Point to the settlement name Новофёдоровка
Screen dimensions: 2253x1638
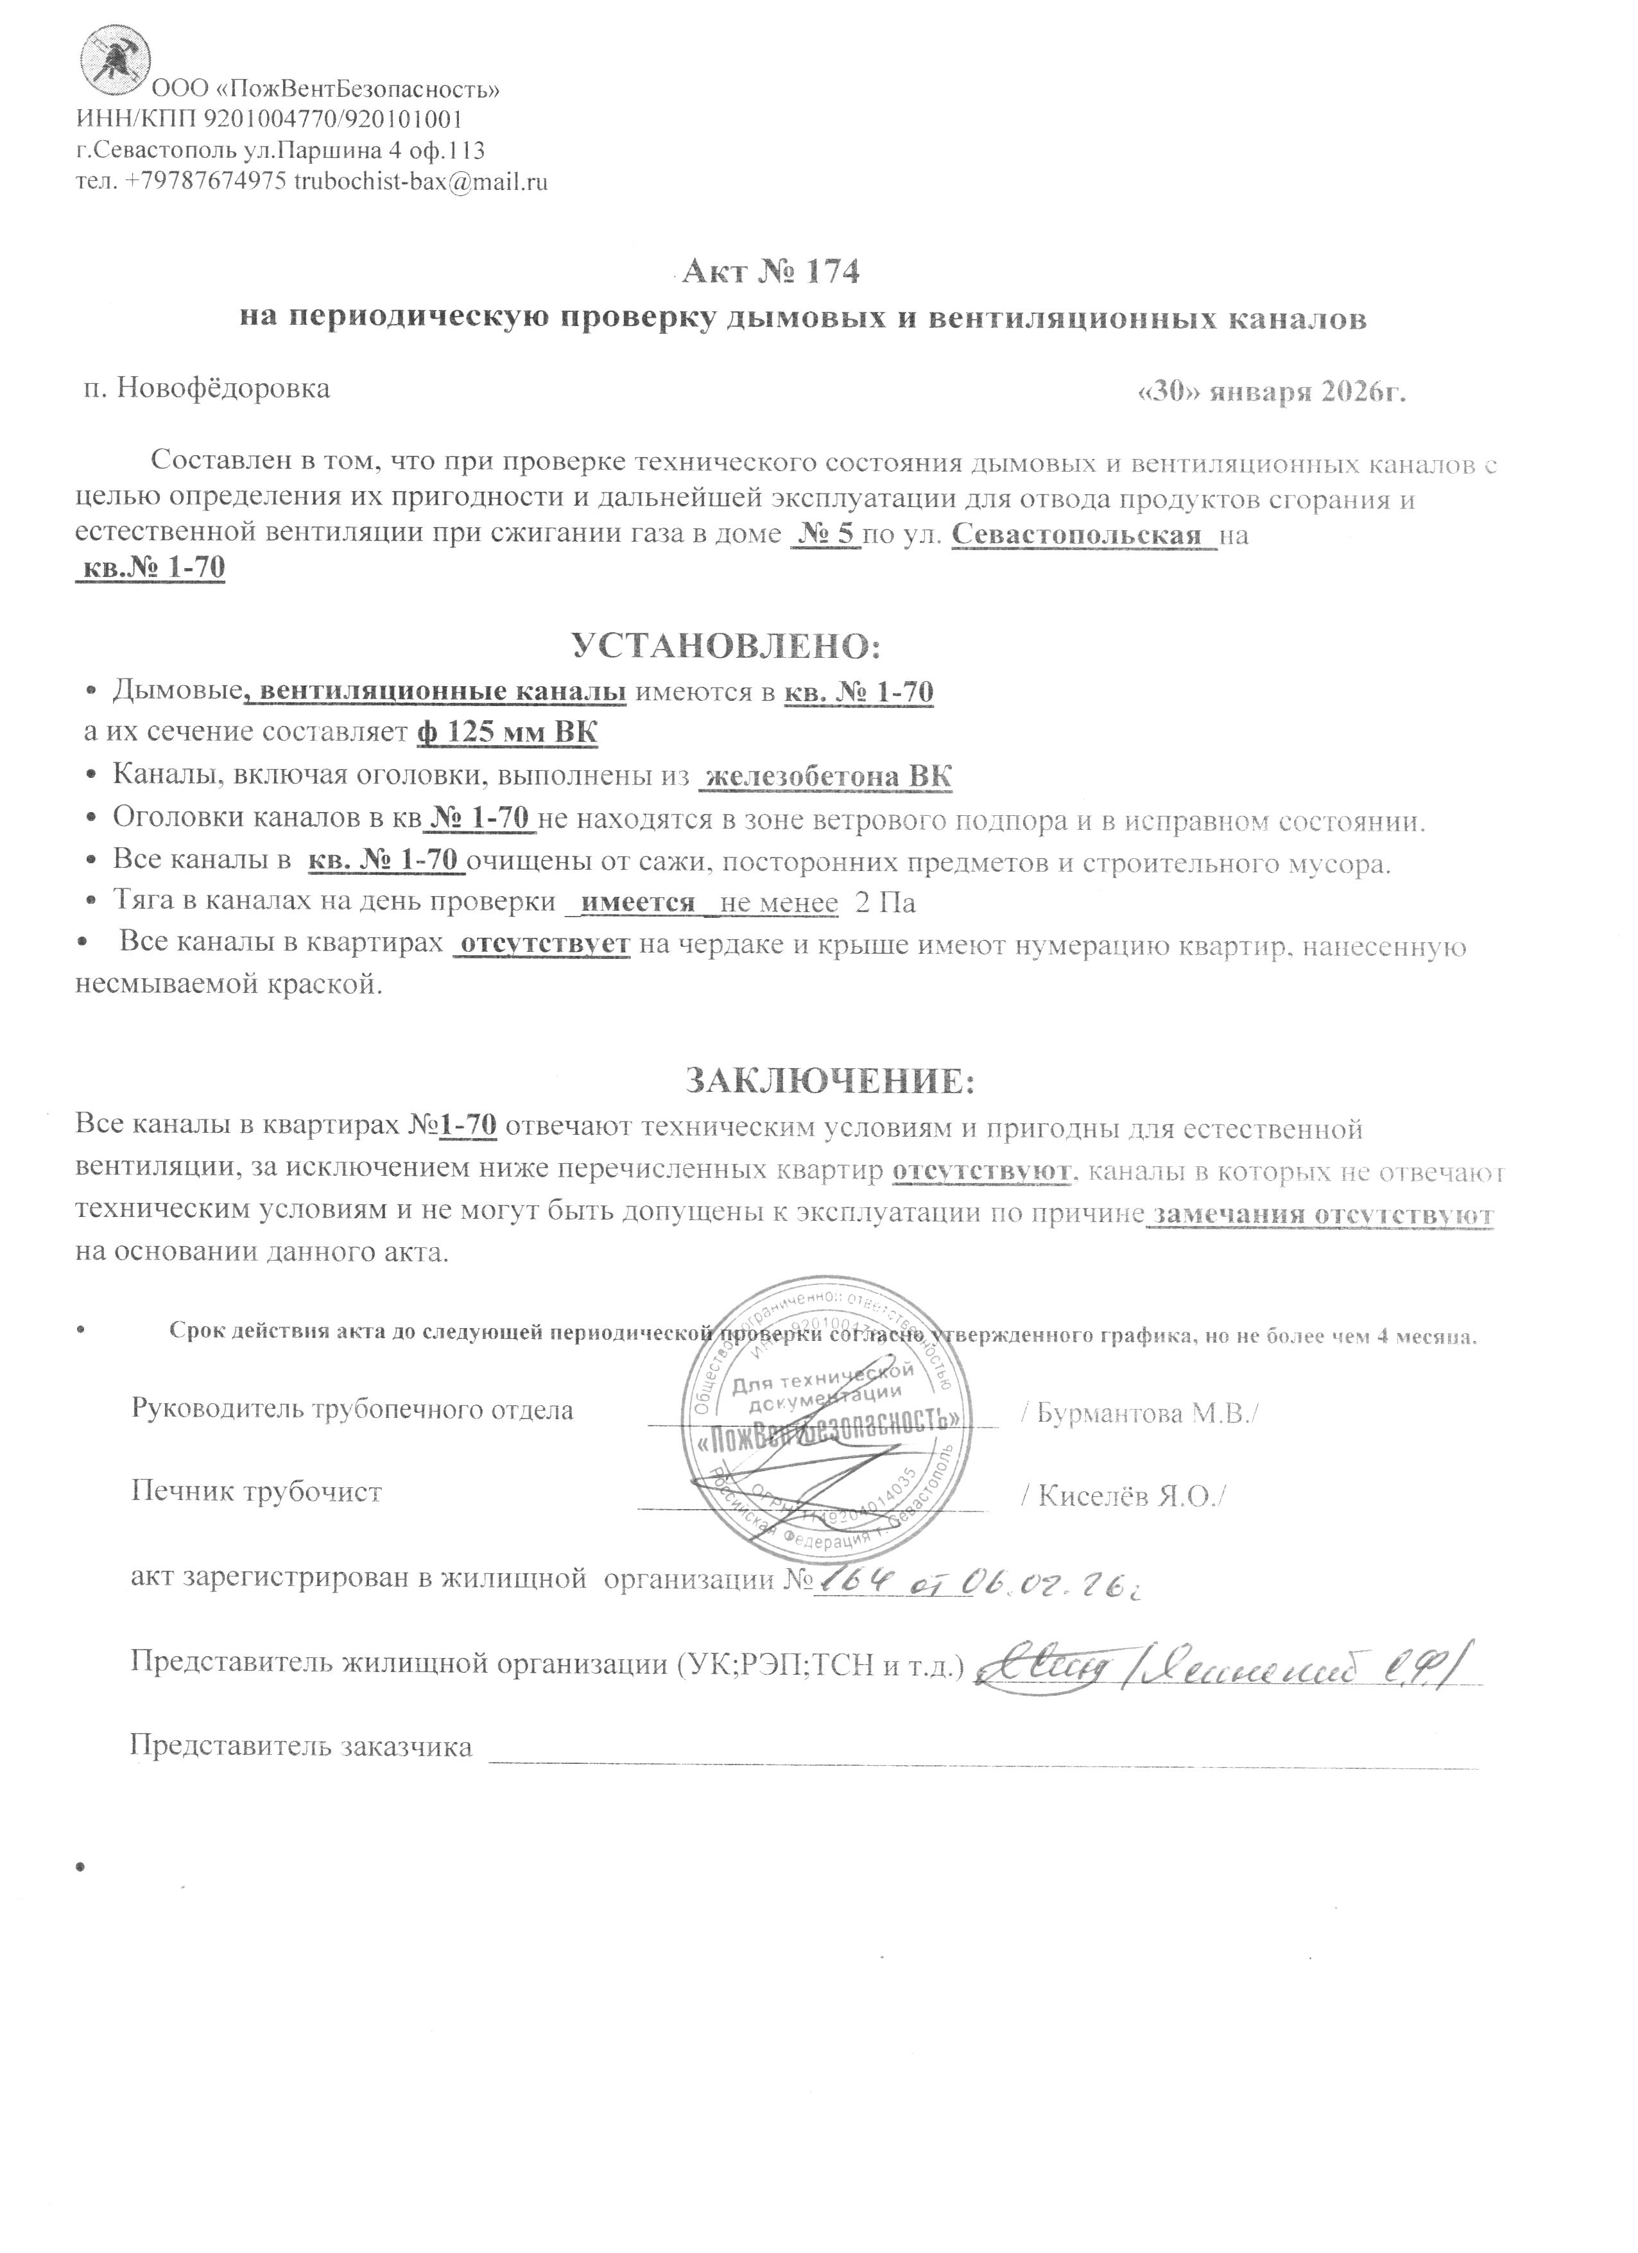[223, 388]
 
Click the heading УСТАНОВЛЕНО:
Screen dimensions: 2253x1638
[726, 647]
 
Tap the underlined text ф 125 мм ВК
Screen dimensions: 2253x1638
[506, 733]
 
